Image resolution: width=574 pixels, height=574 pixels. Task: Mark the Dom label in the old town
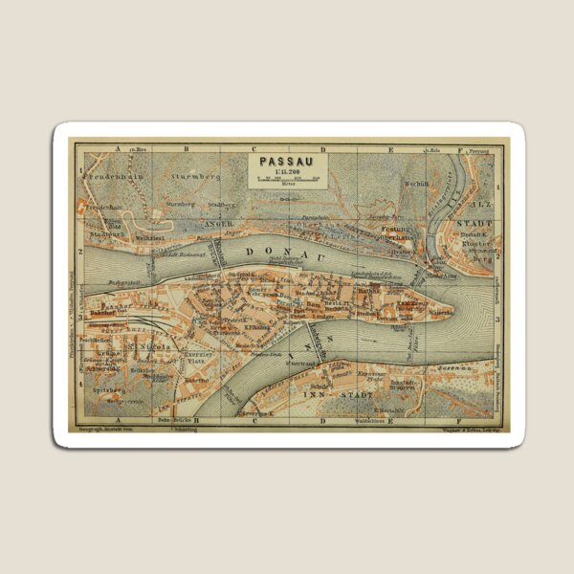[x=313, y=304]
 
